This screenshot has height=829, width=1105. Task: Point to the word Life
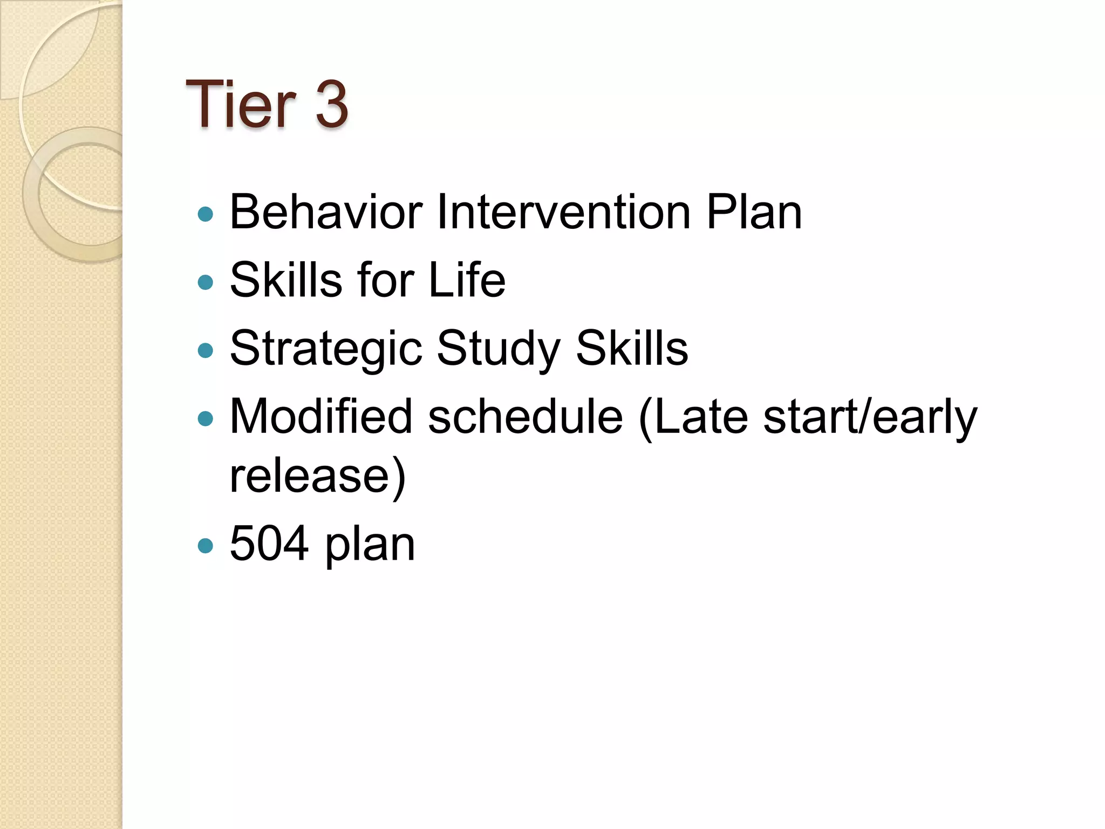[x=467, y=280]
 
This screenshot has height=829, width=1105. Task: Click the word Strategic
[x=326, y=349]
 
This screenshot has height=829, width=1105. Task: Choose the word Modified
[x=322, y=416]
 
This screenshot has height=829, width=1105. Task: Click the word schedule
[x=526, y=416]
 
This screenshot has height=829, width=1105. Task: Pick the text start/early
[x=870, y=416]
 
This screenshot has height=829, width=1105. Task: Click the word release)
[x=317, y=475]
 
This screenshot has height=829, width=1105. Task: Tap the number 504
[x=269, y=543]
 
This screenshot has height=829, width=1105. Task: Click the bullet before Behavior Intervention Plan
[x=206, y=214]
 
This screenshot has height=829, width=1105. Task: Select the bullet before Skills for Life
[x=206, y=282]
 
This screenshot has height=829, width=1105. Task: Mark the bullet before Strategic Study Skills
[x=206, y=351]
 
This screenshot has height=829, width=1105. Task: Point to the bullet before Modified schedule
[x=206, y=419]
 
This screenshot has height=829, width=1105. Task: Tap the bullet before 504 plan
[x=206, y=546]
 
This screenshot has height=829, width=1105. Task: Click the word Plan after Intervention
[x=754, y=212]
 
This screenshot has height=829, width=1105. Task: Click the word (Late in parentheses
[x=693, y=416]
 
